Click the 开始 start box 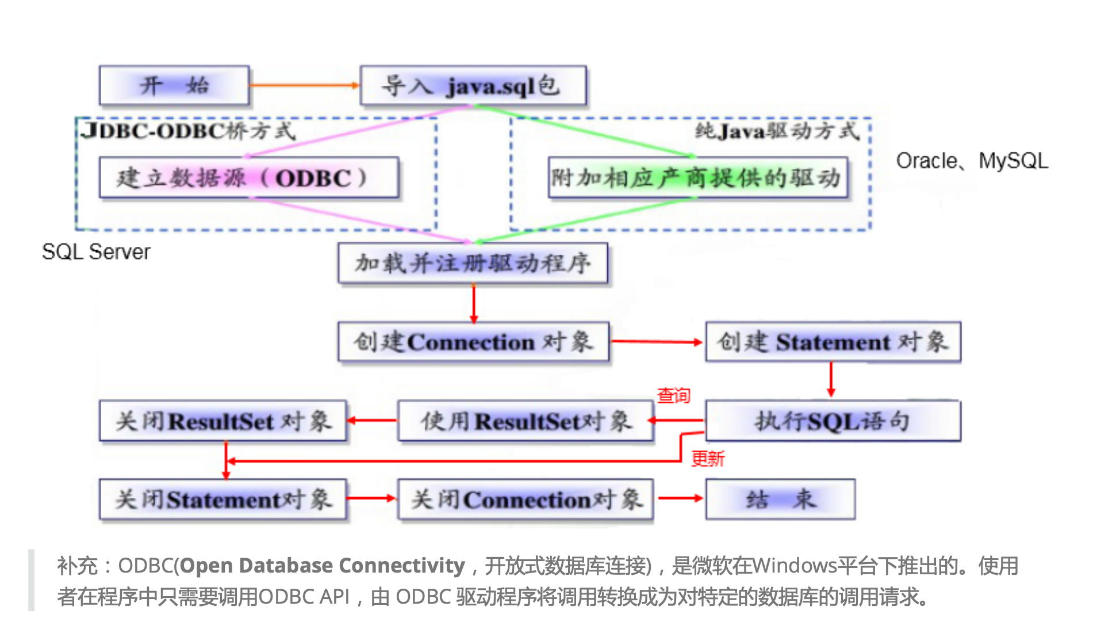coord(174,86)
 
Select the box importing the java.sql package coord(473,86)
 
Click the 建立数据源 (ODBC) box coord(248,178)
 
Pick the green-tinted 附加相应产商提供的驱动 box coord(697,178)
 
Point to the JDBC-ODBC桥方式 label coord(189,131)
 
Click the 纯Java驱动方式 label coord(777,131)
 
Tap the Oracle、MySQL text coord(972,161)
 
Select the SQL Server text coord(96,251)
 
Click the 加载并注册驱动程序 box coord(473,263)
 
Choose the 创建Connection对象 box coord(473,342)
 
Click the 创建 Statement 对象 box coord(833,342)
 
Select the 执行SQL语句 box coord(833,421)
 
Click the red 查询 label coord(673,395)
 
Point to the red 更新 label coord(707,459)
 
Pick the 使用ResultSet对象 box coord(526,421)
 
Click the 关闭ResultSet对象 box coord(223,421)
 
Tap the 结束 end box coord(780,499)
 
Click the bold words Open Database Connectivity coord(322,566)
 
